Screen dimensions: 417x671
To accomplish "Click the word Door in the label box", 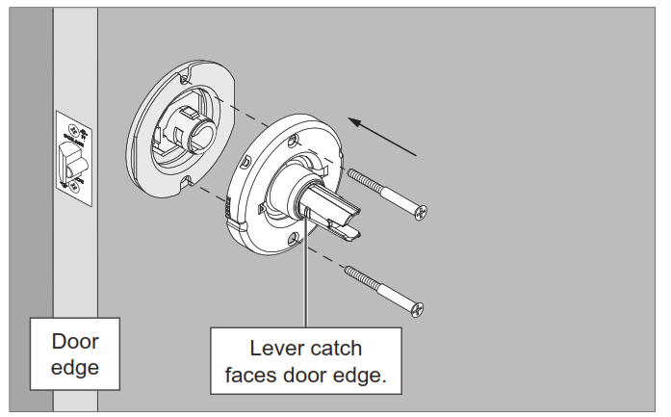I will click(x=75, y=342).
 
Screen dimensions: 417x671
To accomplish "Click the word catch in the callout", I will click(x=338, y=349).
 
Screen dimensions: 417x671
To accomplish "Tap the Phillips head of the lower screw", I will click(x=417, y=310).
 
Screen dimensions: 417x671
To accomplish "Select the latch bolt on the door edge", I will click(x=68, y=158).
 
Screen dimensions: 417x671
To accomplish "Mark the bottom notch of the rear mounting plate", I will click(x=185, y=180).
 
